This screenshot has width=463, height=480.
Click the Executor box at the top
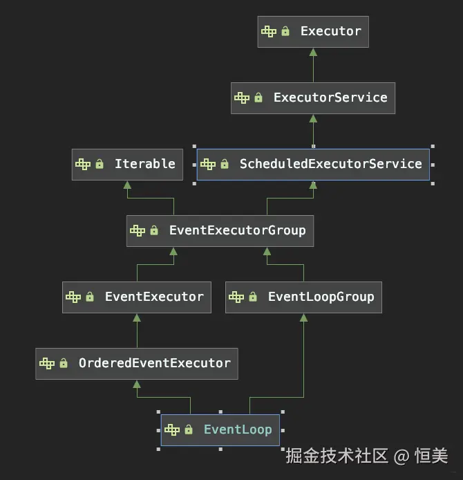(x=313, y=32)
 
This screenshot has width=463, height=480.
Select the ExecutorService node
(x=313, y=98)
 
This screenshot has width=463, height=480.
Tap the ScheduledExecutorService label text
(x=330, y=164)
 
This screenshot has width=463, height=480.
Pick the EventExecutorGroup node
(x=220, y=230)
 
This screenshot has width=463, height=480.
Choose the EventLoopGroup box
(x=303, y=297)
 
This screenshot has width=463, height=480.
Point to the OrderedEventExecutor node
(x=137, y=363)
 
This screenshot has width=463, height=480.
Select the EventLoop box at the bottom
(x=220, y=430)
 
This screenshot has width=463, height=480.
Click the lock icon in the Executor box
(x=285, y=32)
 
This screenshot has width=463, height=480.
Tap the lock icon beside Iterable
(x=100, y=164)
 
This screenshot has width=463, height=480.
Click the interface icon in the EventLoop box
(x=172, y=430)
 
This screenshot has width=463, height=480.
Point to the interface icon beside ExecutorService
(x=242, y=98)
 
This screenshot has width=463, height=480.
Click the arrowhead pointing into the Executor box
(x=313, y=52)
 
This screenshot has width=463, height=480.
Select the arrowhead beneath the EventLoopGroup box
(x=303, y=317)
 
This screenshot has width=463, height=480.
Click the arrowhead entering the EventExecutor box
(x=137, y=317)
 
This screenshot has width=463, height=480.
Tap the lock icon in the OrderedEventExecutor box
(x=64, y=363)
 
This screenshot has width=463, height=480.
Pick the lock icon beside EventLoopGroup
(x=253, y=297)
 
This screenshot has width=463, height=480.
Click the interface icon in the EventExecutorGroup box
(x=138, y=230)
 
